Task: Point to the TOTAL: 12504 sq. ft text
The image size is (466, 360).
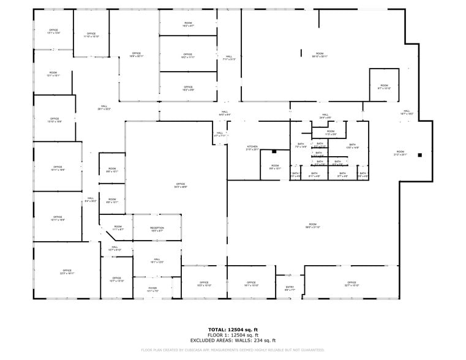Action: click(x=233, y=329)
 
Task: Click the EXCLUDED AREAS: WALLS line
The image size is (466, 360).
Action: click(x=233, y=340)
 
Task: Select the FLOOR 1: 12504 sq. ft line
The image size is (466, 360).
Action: click(x=233, y=335)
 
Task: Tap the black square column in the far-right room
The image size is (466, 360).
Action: click(x=419, y=155)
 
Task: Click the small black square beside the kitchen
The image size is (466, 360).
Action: click(x=275, y=151)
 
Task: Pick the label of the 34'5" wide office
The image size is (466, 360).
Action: click(x=181, y=186)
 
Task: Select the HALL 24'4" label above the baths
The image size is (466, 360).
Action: click(x=325, y=116)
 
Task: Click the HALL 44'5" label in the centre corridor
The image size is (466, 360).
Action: click(x=225, y=113)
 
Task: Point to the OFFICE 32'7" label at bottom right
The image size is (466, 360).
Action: click(x=351, y=284)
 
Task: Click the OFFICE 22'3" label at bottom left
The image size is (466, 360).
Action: click(x=67, y=272)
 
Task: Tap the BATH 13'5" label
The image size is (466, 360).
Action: click(x=352, y=146)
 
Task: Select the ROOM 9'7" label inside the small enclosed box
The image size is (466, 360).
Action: click(x=384, y=87)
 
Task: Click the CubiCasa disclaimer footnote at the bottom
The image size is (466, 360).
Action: click(x=233, y=350)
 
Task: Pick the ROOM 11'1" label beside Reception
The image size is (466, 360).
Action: click(x=118, y=228)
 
